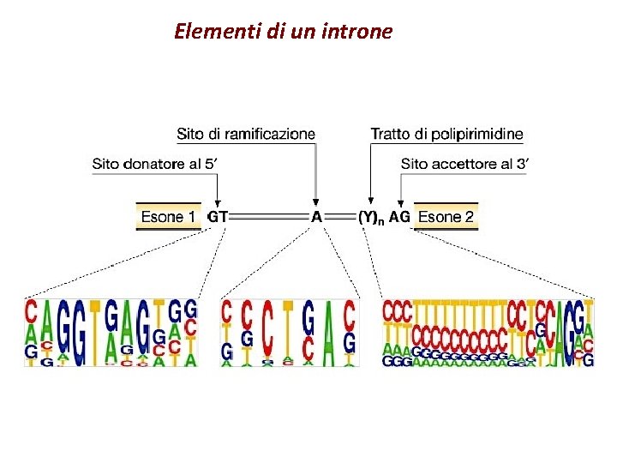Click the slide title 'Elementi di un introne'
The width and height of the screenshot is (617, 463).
coord(283,33)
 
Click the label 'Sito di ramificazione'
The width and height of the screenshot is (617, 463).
coord(246,134)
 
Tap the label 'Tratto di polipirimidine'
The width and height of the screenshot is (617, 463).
coord(446,134)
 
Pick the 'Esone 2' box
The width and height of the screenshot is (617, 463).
coord(446,217)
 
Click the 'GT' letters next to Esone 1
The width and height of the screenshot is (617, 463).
coord(218,217)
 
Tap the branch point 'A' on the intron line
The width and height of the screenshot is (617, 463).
coord(316,217)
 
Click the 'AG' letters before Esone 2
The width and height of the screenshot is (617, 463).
coord(399,217)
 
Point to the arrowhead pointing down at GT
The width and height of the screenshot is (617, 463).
coord(218,202)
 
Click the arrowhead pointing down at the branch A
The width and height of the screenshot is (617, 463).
coord(316,202)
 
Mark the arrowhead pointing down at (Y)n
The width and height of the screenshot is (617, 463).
coord(370,202)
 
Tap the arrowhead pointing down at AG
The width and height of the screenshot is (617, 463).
coord(399,202)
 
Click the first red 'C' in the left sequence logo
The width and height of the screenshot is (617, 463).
coord(31,311)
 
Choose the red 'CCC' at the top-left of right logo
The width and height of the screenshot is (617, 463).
coord(397,310)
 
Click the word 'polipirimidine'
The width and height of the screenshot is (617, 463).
coord(484,134)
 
